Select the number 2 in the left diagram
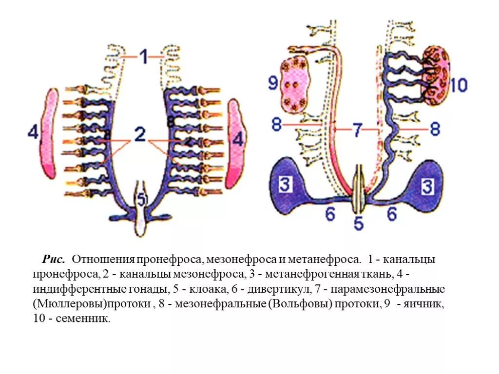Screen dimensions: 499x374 pos(140,134)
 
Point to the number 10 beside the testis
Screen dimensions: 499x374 pos(459,86)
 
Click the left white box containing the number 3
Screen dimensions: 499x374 pos(286,185)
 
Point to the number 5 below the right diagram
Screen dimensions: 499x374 pos(358,224)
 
